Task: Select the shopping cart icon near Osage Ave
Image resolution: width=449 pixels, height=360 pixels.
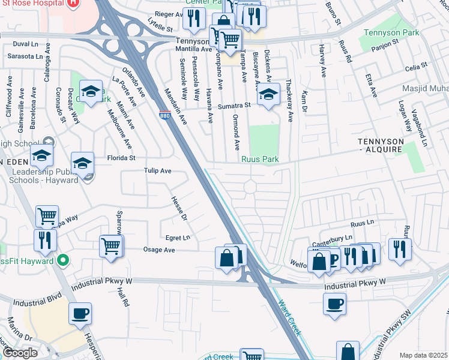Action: (112, 245)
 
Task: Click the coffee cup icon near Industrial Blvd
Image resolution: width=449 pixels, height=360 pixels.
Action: (80, 313)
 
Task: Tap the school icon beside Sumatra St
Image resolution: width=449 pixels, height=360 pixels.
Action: (268, 94)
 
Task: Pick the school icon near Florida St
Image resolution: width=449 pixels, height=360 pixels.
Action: (83, 163)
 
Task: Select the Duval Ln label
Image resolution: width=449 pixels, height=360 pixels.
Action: (25, 44)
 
